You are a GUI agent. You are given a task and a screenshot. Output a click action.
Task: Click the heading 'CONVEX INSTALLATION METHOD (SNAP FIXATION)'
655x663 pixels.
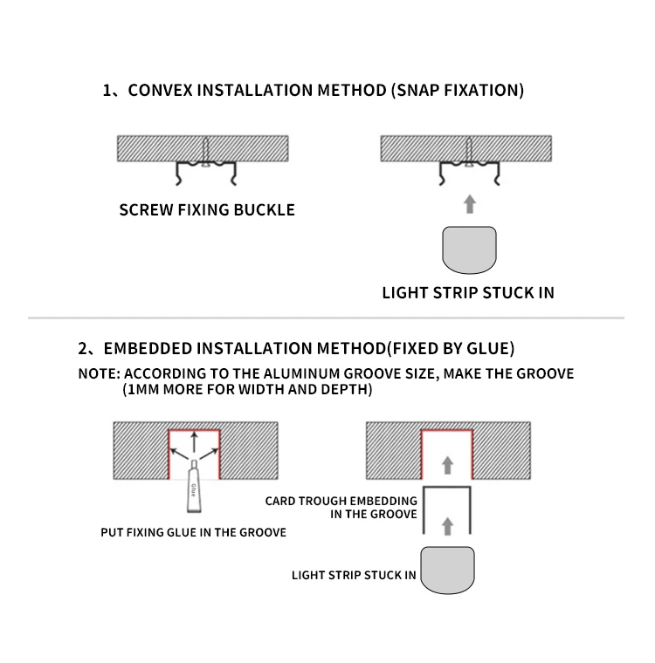click(326, 91)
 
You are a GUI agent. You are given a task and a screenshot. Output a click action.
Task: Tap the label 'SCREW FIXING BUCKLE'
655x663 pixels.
click(207, 210)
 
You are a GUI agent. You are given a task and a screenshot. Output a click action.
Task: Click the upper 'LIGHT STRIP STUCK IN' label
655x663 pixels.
click(468, 293)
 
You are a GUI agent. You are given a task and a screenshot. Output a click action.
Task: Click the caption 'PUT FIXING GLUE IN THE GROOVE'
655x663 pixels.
click(194, 532)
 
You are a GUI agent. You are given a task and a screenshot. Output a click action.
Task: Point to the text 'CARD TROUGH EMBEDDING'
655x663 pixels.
click(341, 502)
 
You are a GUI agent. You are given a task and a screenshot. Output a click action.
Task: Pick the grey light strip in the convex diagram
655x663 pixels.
click(469, 249)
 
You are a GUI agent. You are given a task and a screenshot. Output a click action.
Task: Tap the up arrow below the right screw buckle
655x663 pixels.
click(469, 204)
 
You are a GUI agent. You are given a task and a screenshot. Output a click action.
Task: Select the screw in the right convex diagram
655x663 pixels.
click(469, 151)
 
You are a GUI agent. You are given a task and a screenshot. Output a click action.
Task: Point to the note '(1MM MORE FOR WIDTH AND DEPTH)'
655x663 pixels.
click(247, 390)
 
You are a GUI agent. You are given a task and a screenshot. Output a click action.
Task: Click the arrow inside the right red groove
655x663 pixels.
click(448, 464)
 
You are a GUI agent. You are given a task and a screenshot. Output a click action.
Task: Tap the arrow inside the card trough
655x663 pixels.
click(448, 525)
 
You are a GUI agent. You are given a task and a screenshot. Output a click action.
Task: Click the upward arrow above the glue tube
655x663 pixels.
click(194, 440)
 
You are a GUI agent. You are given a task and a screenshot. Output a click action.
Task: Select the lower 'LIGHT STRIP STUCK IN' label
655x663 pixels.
click(354, 575)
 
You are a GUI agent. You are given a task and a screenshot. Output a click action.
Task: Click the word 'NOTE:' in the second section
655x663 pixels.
click(98, 373)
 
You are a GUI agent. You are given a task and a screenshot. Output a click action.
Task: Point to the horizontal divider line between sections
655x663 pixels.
click(327, 318)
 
